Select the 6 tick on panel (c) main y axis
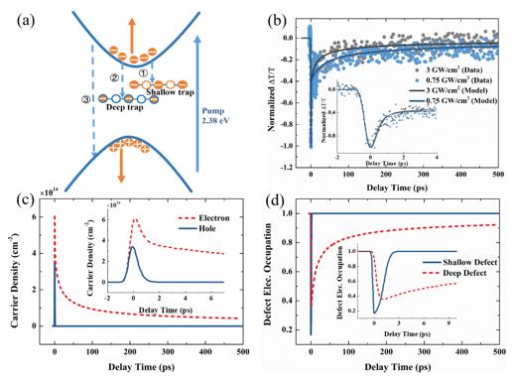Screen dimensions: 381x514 [x=42, y=216]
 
